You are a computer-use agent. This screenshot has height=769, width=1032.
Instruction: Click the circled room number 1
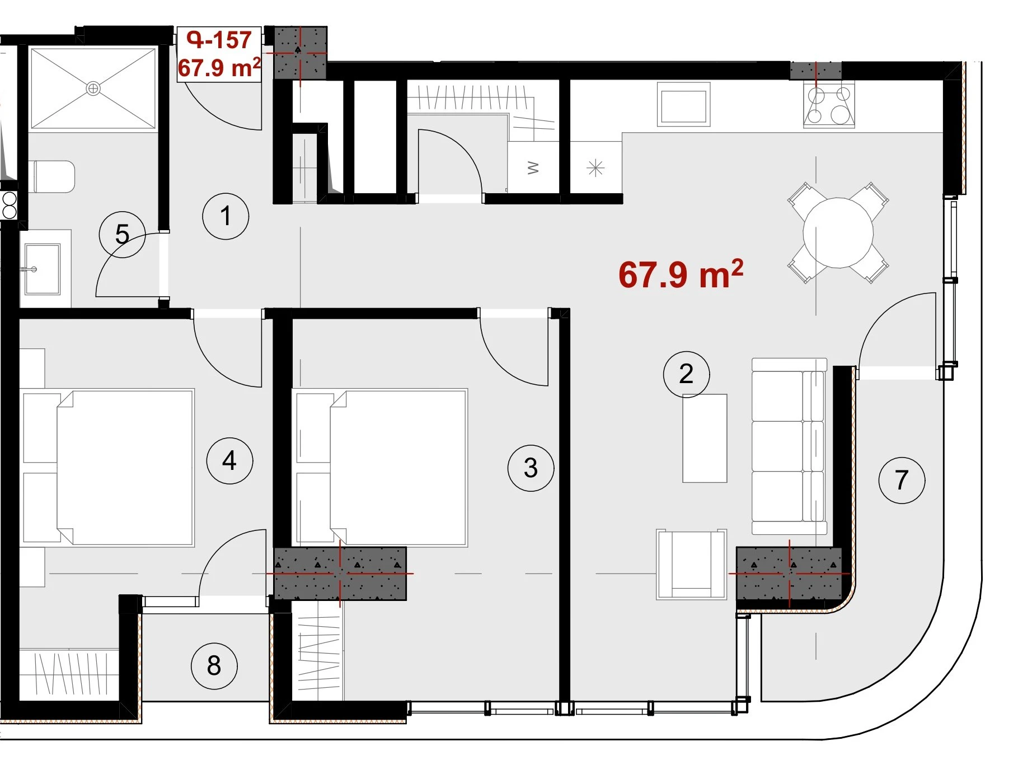226,216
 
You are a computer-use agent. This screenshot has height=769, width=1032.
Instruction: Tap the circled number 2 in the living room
686,374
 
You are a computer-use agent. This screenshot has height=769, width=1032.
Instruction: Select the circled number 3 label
531,468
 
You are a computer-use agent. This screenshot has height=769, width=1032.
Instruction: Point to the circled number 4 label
229,460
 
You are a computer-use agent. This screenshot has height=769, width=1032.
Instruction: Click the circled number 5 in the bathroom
122,234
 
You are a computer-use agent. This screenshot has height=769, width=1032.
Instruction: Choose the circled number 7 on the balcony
902,480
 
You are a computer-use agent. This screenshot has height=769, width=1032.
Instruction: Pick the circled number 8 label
214,665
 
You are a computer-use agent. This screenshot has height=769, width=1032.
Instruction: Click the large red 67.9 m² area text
681,274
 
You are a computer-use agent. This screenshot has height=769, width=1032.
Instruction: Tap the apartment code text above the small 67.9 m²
219,40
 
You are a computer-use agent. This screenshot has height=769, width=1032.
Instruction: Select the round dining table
838,232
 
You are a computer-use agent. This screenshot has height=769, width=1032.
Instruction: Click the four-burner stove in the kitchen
829,105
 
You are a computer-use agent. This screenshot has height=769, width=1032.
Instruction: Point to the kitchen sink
683,105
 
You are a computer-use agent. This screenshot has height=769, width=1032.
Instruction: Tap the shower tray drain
93,88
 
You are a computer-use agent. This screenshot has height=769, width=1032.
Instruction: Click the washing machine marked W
533,167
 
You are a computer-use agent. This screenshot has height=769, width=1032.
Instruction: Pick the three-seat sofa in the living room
789,446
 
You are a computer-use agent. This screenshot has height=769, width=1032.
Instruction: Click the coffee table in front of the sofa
705,438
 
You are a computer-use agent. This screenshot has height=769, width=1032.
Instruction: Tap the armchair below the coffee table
691,564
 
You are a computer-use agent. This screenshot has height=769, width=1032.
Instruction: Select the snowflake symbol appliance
595,167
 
